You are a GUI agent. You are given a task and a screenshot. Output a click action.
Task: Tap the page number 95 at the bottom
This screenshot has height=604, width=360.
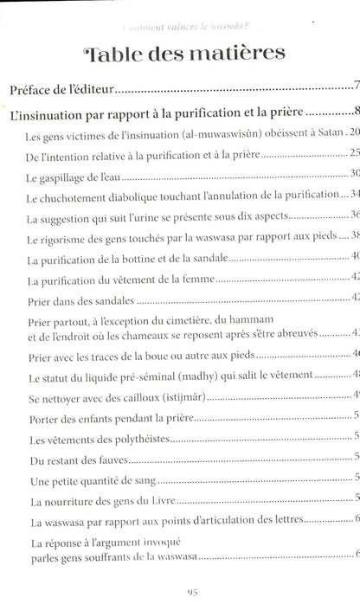(179, 590)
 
